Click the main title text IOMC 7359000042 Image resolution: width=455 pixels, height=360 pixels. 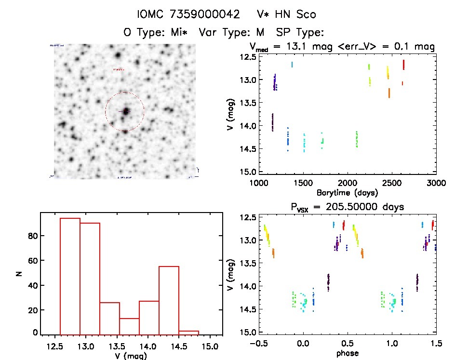(x=188, y=14)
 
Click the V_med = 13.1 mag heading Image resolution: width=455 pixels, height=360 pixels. (x=342, y=47)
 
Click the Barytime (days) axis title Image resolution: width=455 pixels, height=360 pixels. (x=347, y=193)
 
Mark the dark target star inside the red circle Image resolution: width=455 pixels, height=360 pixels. (x=126, y=111)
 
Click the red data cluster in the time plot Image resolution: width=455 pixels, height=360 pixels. (x=403, y=65)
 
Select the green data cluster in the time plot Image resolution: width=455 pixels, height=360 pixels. (x=357, y=139)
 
